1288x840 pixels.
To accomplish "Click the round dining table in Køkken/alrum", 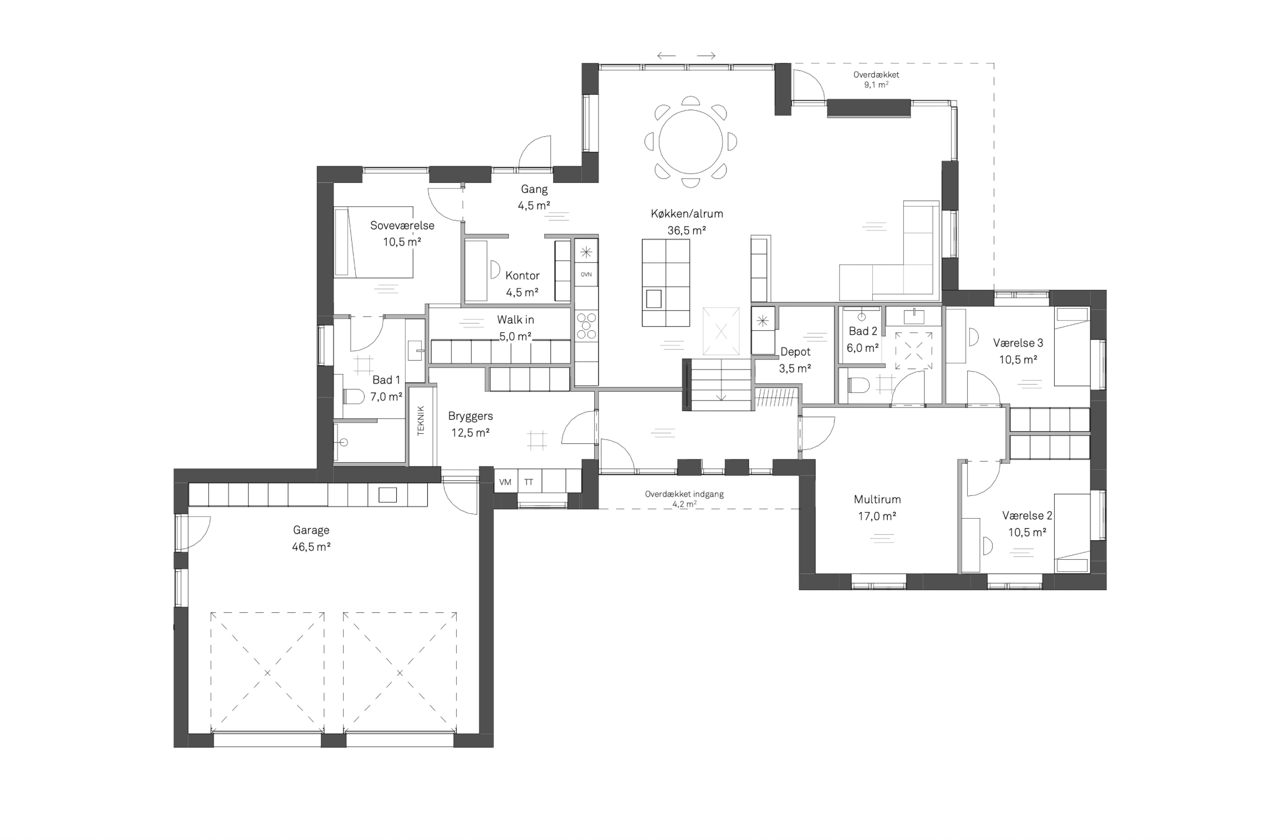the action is pyautogui.click(x=691, y=142).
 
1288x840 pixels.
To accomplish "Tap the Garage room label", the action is pyautogui.click(x=311, y=530).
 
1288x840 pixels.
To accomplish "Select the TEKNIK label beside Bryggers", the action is pyautogui.click(x=421, y=421).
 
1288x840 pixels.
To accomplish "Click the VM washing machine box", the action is pyautogui.click(x=505, y=482).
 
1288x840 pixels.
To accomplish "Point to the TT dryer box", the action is pyautogui.click(x=529, y=482).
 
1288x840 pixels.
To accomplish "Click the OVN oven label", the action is pyautogui.click(x=586, y=274).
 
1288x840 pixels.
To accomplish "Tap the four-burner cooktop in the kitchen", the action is pyautogui.click(x=586, y=326).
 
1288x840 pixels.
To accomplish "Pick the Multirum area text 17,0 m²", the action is pyautogui.click(x=877, y=516).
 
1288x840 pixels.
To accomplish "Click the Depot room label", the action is pyautogui.click(x=795, y=352).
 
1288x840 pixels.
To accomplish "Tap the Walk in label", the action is pyautogui.click(x=515, y=320).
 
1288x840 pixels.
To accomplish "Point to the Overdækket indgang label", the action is pyautogui.click(x=684, y=494).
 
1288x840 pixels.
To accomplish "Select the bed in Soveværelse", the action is pyautogui.click(x=374, y=242).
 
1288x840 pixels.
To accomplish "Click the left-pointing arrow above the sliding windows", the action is pyautogui.click(x=667, y=55).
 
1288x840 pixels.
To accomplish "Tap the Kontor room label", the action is pyautogui.click(x=523, y=275).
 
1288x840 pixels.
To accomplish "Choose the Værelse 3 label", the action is pyautogui.click(x=1018, y=343).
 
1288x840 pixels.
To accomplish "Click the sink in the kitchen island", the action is pyautogui.click(x=654, y=299).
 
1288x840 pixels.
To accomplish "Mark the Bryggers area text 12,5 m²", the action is pyautogui.click(x=471, y=433).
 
